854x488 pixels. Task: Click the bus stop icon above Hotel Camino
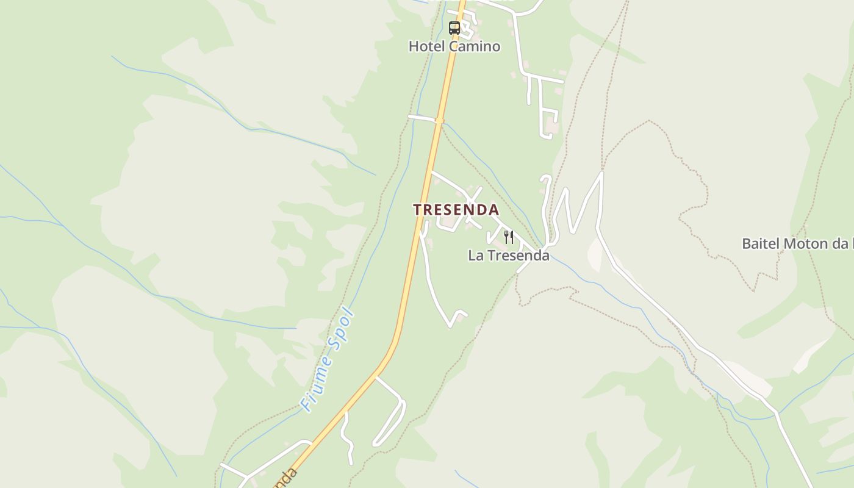tap(454, 27)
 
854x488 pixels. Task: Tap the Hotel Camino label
tap(454, 46)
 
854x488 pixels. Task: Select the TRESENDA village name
tap(456, 210)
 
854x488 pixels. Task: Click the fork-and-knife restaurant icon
tap(509, 237)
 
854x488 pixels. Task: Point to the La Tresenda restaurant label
tap(509, 256)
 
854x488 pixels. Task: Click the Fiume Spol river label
tap(328, 359)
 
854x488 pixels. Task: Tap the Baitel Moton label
tap(797, 243)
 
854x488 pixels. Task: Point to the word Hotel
tap(427, 46)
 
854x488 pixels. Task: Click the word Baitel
tap(760, 243)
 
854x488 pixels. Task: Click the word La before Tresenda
tap(475, 256)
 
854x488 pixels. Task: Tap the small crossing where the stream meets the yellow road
tap(439, 121)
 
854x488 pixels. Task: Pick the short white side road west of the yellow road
tap(422, 117)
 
